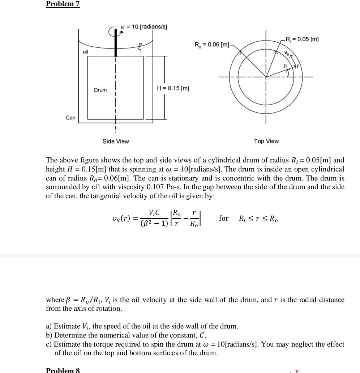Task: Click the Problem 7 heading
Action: click(63, 4)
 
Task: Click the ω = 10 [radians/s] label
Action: click(144, 27)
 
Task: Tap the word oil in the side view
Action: click(85, 52)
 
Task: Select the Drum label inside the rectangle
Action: click(100, 90)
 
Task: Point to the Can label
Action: click(70, 118)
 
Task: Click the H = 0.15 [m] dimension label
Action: click(173, 88)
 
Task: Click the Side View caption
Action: click(116, 141)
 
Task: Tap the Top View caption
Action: click(266, 141)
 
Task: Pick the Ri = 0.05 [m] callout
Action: click(302, 39)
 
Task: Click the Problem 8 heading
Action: click(63, 370)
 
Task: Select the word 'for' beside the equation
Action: click(224, 218)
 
